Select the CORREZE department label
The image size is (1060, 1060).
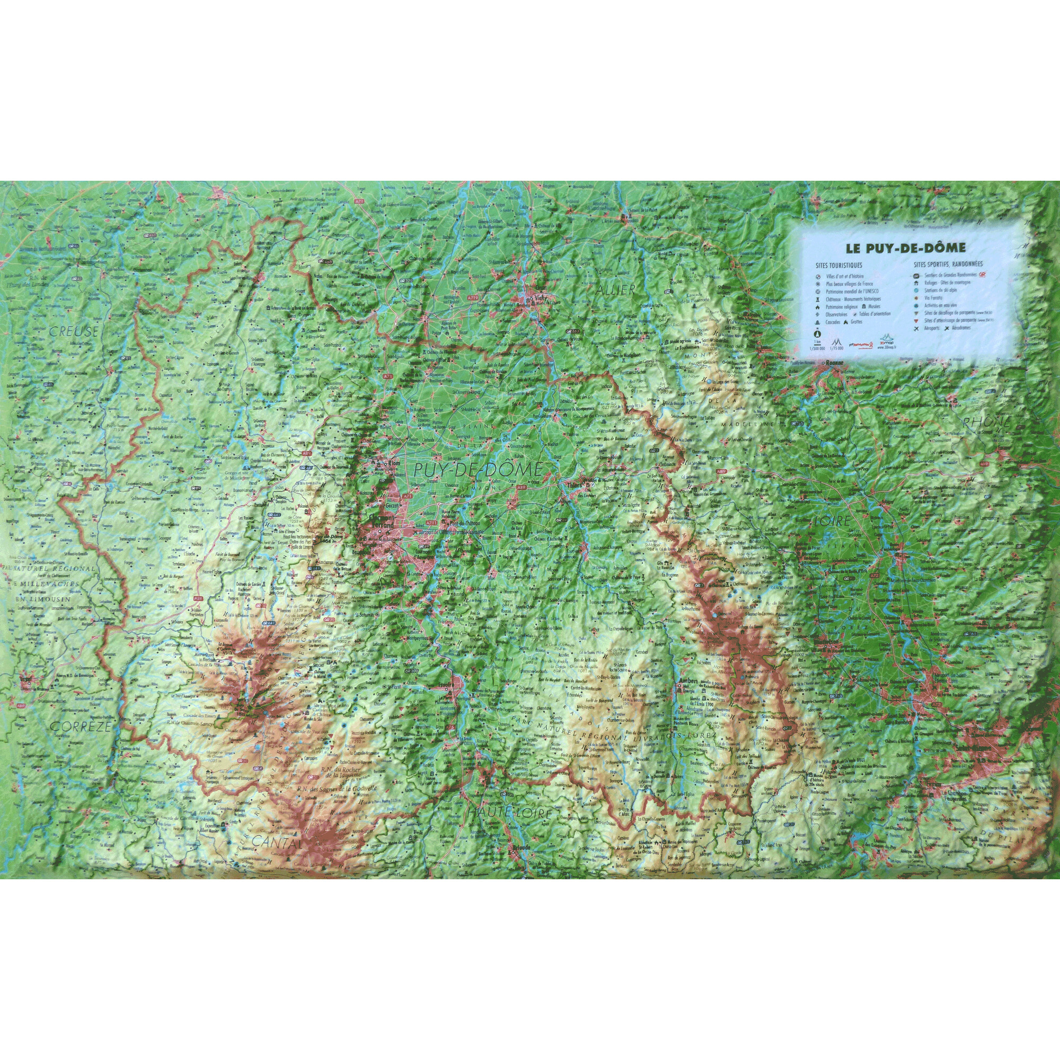tap(81, 727)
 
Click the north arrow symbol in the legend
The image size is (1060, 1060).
tap(817, 332)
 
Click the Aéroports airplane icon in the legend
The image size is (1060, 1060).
tap(916, 328)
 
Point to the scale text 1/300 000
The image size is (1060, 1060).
tap(817, 347)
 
